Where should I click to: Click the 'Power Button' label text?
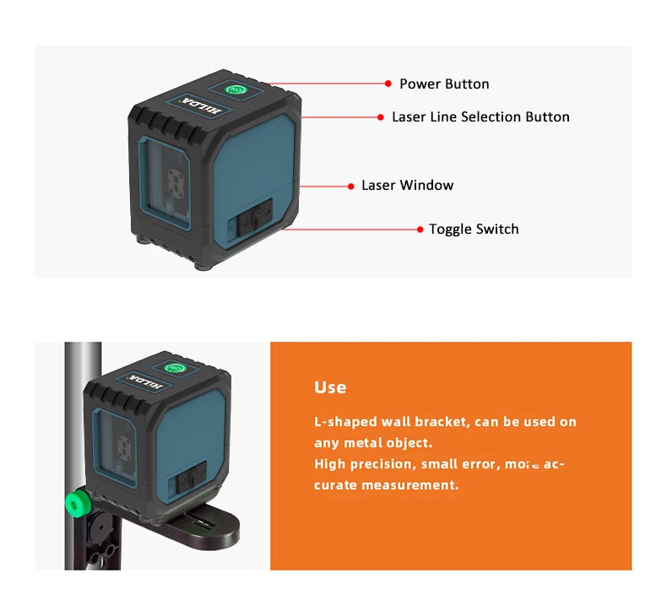[444, 84]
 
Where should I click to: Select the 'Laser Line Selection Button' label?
[480, 116]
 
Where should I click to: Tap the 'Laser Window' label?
[407, 185]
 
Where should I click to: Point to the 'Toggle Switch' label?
[474, 229]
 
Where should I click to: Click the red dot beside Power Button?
[388, 84]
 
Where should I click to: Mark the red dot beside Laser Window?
[350, 185]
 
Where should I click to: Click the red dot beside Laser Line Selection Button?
[381, 116]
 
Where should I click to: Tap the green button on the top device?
[236, 88]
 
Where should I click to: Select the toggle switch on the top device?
[252, 217]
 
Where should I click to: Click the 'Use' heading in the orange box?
[330, 387]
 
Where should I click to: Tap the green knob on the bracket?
[78, 505]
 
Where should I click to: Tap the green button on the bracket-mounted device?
[176, 368]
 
